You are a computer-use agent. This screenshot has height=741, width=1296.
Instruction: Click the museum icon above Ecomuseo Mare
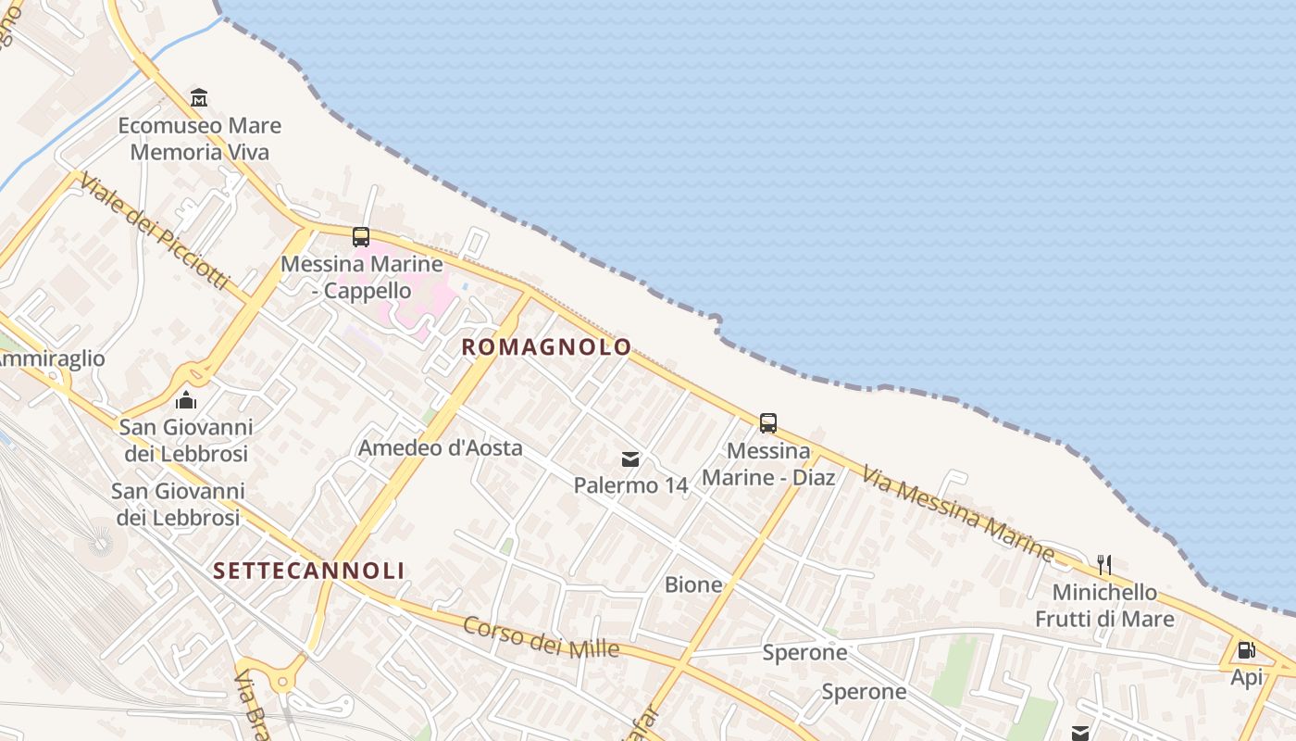[199, 97]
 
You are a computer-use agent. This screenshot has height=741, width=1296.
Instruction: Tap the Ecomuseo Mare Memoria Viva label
[199, 139]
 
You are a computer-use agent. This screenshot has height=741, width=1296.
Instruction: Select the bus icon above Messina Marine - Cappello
[361, 237]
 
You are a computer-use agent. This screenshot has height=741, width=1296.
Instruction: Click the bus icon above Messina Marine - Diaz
[768, 423]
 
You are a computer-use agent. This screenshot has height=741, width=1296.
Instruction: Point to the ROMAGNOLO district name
[546, 347]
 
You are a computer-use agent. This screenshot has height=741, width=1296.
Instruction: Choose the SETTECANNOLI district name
[309, 571]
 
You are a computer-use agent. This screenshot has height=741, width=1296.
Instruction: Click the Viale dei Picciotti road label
[154, 232]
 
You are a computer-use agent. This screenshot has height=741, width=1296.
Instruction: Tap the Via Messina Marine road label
[958, 514]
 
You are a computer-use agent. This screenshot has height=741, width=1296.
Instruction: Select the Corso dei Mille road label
[542, 637]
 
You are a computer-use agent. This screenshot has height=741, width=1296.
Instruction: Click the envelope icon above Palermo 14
[630, 459]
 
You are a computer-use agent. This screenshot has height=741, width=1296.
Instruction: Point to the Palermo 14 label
[630, 485]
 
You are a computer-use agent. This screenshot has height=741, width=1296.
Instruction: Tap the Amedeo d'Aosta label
[441, 448]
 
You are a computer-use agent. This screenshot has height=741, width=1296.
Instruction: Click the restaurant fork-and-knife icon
[1103, 564]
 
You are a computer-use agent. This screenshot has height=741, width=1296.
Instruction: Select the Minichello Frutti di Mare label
[1104, 606]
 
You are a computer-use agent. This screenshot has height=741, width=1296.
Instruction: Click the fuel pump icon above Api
[1247, 650]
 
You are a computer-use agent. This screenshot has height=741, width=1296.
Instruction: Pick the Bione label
[693, 584]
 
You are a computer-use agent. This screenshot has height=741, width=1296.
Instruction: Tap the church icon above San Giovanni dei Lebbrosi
[186, 400]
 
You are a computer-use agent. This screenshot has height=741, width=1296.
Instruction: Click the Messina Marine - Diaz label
[768, 464]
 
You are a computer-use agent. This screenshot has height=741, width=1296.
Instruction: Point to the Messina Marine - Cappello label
[361, 277]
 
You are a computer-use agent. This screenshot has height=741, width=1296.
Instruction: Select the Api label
[1247, 678]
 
